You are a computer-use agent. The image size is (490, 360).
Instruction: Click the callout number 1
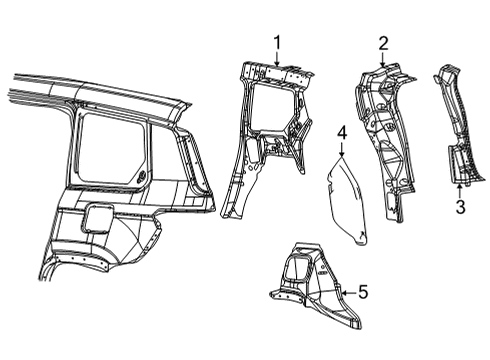point(277,42)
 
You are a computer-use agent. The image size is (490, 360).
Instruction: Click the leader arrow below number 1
point(277,58)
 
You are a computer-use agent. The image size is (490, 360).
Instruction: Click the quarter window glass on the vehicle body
point(112,150)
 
